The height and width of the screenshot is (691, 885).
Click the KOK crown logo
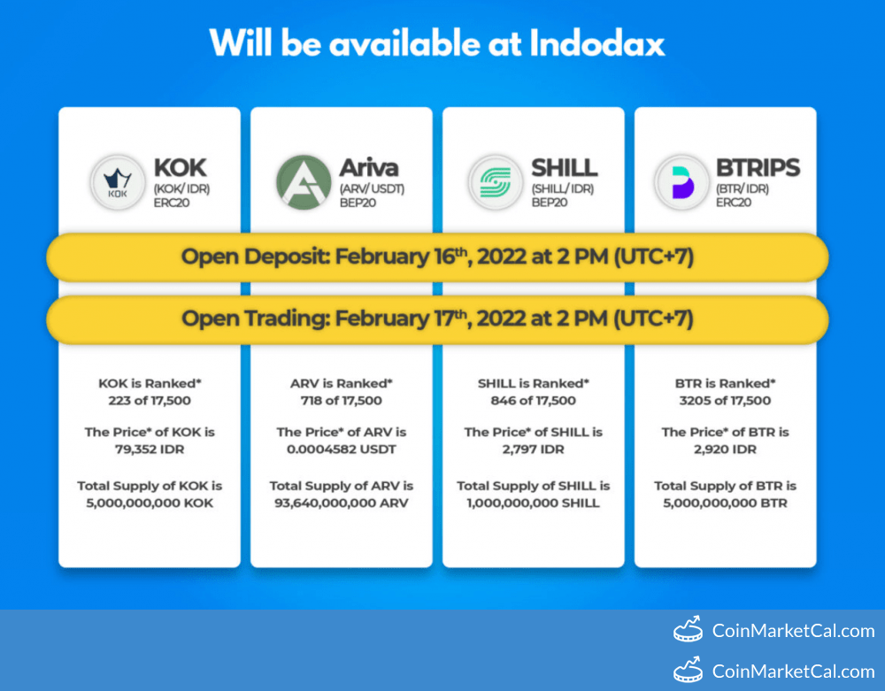coord(118,182)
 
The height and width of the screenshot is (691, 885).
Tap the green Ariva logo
coord(303,182)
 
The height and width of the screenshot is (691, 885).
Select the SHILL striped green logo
coord(496,182)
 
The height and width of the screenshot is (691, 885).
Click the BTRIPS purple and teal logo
coord(681,182)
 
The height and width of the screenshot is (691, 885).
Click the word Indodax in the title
coord(597,42)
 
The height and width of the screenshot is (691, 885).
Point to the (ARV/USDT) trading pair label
coord(372,188)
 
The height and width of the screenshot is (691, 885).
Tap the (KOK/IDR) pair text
coord(181,188)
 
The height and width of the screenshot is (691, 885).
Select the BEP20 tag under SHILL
coord(550,203)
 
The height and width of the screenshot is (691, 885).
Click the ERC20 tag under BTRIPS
coord(733,203)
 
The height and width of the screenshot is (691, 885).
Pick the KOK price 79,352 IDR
coord(150,449)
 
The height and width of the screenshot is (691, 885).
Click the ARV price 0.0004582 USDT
coord(342,449)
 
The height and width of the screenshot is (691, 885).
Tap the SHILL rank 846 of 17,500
coord(534,401)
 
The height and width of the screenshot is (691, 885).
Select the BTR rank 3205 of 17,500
coord(726,401)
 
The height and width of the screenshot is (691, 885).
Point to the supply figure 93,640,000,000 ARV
coord(342,503)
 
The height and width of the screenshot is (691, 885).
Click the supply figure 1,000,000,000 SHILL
coord(534,503)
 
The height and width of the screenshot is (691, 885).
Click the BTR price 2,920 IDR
coord(726,449)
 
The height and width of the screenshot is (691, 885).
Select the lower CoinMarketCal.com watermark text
coord(793,672)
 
